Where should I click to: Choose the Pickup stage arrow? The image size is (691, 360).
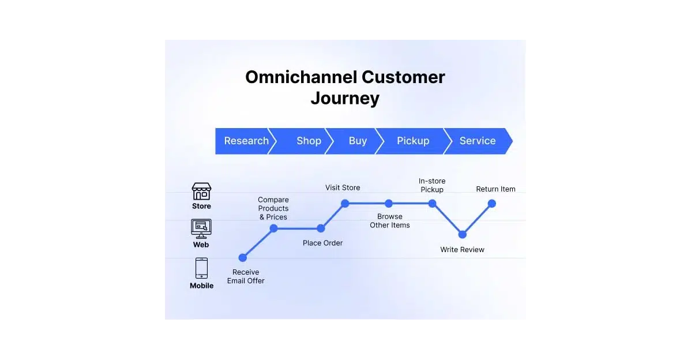tap(412, 141)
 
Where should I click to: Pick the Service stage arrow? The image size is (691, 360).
tap(477, 141)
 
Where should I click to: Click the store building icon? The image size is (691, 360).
tap(201, 192)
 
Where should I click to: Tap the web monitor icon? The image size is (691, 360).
tap(201, 228)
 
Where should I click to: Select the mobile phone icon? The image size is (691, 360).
tap(201, 268)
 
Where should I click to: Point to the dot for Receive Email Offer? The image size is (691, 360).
tap(243, 258)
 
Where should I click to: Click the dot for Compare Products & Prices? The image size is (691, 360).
tap(274, 228)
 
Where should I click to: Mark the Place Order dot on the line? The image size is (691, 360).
tap(321, 228)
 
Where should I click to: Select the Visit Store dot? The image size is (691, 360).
tap(345, 203)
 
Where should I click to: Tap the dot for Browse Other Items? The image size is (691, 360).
tap(389, 203)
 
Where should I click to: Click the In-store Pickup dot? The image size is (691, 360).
tap(432, 203)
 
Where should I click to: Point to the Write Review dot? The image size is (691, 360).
tap(462, 235)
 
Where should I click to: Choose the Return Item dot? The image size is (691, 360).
tap(492, 203)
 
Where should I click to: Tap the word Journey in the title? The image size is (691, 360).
tap(345, 98)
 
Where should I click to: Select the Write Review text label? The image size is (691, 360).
tap(462, 250)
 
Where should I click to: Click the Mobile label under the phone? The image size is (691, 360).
tap(201, 286)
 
